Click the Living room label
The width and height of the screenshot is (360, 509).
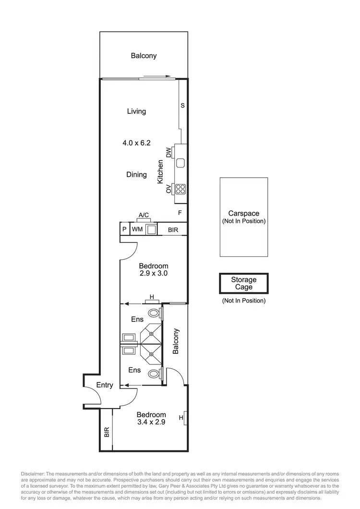(x=136, y=111)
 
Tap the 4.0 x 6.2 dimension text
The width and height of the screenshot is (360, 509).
(x=136, y=143)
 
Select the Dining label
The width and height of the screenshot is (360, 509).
(x=136, y=175)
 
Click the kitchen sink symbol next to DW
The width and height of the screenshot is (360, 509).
(x=180, y=163)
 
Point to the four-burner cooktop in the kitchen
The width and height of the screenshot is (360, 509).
(x=180, y=189)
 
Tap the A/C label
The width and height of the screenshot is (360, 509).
(x=144, y=216)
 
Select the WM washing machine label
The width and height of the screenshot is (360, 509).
(x=137, y=230)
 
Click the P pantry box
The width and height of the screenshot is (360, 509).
(x=124, y=230)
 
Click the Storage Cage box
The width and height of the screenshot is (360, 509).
(x=244, y=283)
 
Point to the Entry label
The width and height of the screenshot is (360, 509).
(x=105, y=385)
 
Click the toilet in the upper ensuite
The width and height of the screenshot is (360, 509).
(x=154, y=313)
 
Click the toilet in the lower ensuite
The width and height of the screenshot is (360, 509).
(x=154, y=373)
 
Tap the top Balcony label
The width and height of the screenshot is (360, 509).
(x=144, y=56)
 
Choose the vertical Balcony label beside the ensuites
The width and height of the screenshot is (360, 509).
(x=176, y=341)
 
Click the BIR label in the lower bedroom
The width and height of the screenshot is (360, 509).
(x=106, y=432)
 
